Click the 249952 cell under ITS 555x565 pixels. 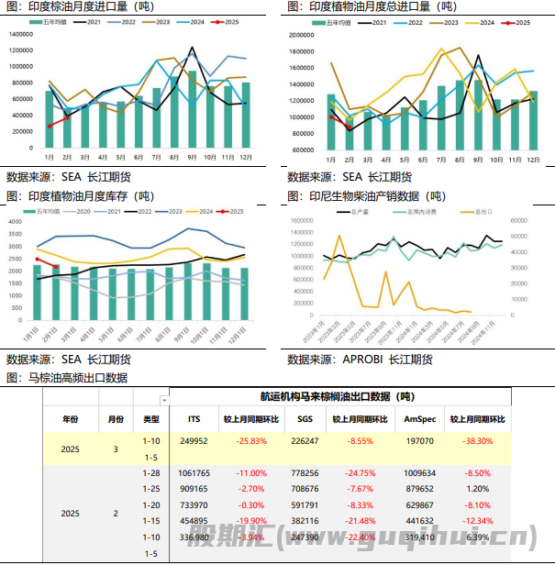pos(194,441)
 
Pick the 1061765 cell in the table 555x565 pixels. pos(194,473)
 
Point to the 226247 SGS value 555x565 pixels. pos(305,441)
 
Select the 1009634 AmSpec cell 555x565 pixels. pos(419,473)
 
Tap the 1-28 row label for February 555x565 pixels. pos(150,473)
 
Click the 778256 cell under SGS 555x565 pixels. pos(305,473)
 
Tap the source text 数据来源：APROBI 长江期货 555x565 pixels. pos(360,360)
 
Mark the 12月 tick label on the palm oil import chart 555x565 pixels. pos(245,157)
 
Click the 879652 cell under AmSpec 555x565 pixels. pos(419,489)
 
